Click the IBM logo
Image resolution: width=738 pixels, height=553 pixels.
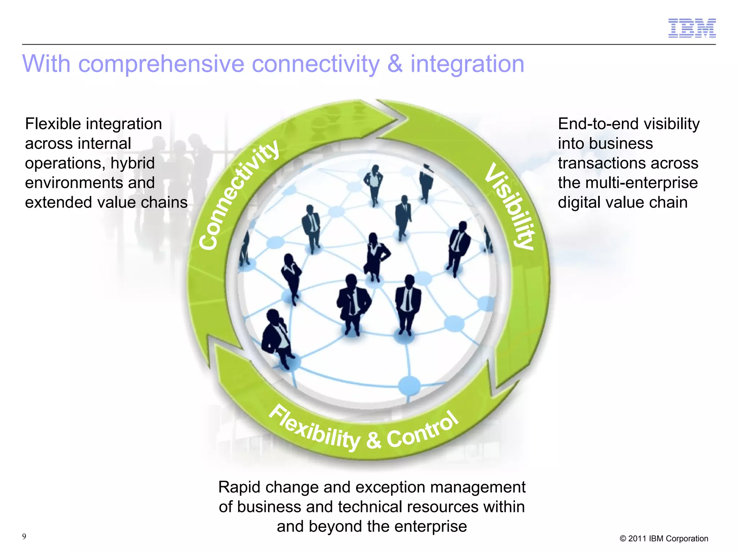(x=692, y=28)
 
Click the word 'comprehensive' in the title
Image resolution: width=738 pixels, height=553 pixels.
(x=161, y=64)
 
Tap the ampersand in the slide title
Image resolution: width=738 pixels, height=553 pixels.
(x=395, y=64)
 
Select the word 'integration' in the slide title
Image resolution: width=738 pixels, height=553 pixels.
(x=467, y=64)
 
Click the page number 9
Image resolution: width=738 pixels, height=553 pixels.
(x=24, y=536)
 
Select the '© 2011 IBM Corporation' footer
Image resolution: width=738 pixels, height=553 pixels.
(x=664, y=539)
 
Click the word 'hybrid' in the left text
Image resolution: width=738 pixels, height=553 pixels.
(x=132, y=163)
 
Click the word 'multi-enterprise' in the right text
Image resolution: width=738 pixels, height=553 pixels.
(x=641, y=183)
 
